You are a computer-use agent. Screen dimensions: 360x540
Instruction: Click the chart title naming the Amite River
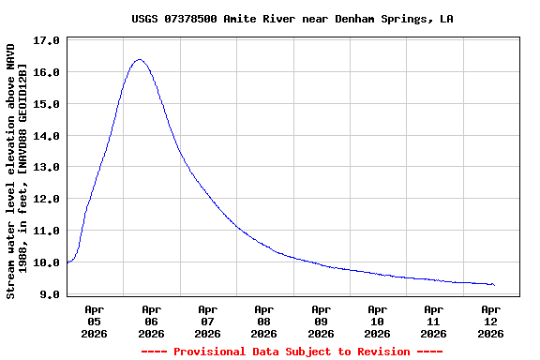point(292,19)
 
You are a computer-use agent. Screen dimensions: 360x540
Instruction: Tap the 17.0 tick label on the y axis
point(46,41)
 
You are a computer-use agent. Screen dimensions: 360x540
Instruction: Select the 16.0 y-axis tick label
point(46,73)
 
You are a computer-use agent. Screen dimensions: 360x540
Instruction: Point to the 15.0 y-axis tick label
point(46,105)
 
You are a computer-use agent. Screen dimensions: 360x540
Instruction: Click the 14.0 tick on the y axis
point(46,136)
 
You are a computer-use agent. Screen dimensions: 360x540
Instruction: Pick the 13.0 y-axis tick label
point(46,168)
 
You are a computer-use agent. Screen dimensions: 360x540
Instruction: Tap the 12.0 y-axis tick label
point(46,200)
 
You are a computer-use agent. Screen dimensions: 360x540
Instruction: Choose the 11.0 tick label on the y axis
point(46,231)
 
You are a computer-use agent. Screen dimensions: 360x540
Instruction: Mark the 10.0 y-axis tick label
point(46,262)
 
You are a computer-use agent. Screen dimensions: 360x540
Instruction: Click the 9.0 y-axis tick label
point(50,294)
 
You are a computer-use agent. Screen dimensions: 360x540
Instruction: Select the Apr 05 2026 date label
point(95,321)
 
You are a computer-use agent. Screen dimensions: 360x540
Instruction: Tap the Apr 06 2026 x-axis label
point(151,321)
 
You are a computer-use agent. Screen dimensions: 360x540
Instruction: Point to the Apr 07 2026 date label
point(207,321)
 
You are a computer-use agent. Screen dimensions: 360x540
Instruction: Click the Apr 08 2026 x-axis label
point(264,321)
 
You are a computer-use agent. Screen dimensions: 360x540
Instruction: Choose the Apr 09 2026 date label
point(321,321)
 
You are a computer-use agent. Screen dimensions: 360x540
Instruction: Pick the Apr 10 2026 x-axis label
point(377,321)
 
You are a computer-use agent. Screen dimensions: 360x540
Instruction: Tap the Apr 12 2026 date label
point(490,321)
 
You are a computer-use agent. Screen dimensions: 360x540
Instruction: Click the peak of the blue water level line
point(140,60)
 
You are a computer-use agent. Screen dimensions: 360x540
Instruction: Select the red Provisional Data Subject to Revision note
point(292,352)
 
